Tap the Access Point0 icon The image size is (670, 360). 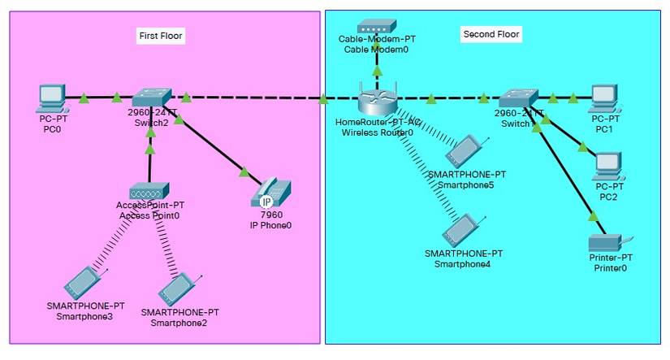coord(149,191)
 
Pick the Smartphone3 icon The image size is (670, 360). coord(84,284)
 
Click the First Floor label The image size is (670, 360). coord(161,36)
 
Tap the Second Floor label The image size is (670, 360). coord(491,34)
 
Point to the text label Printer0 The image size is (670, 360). coord(611,267)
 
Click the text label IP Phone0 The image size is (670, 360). coord(270,225)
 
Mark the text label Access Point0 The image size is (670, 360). coord(149,215)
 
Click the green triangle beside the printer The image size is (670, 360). coord(594,217)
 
